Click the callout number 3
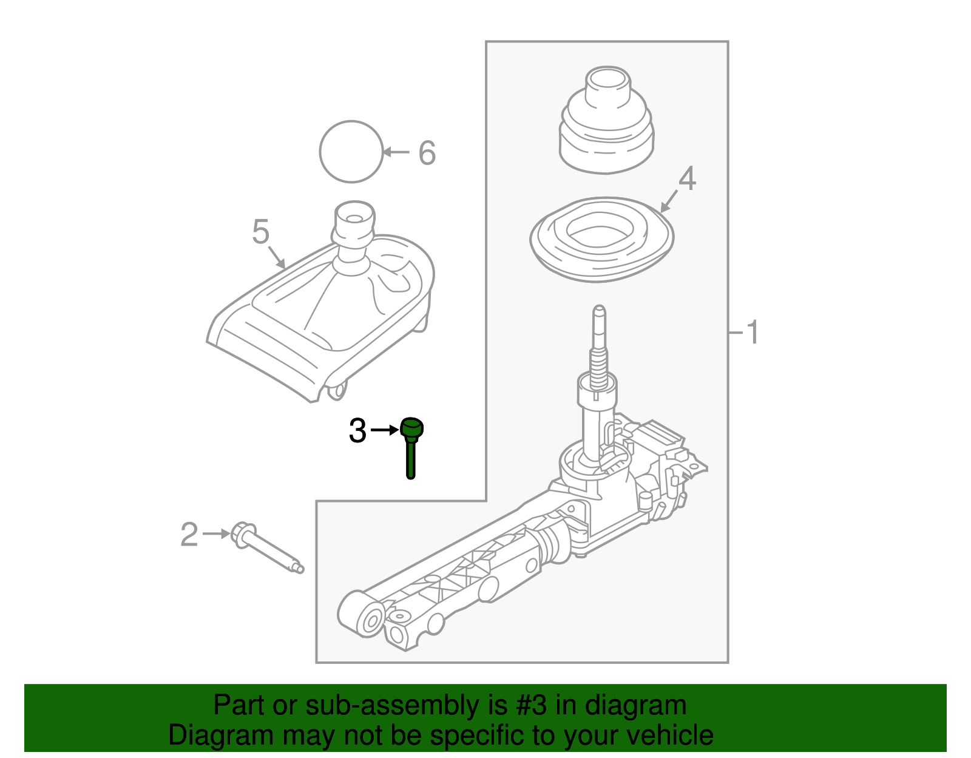[357, 431]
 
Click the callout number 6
[427, 153]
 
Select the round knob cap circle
[351, 151]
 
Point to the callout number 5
[260, 232]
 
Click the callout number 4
[687, 179]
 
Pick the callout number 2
[189, 535]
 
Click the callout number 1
[752, 333]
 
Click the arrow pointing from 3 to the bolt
[384, 430]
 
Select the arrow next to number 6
[397, 152]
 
